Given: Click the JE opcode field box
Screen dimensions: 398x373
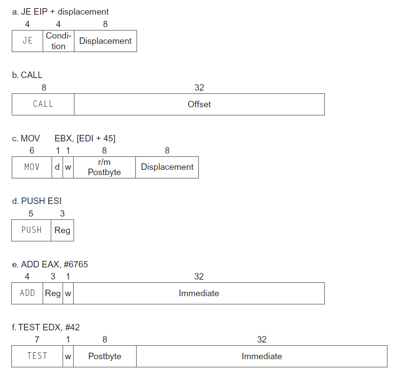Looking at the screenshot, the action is [27, 41].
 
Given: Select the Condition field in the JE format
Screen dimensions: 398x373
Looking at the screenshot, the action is [59, 41].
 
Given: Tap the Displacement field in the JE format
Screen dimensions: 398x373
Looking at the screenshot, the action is [105, 41].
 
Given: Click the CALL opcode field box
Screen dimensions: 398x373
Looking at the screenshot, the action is [43, 104].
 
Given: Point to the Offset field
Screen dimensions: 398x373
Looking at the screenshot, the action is [199, 104].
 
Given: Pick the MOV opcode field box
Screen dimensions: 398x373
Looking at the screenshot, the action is [32, 167].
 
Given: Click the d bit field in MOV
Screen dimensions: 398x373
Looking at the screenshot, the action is [57, 167].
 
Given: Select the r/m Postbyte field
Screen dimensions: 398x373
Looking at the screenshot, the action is [104, 167].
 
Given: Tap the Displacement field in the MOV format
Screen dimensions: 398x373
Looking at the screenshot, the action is [167, 167].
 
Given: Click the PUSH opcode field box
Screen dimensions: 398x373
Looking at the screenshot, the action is [31, 230].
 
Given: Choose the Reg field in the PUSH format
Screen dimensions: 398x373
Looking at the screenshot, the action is [63, 230].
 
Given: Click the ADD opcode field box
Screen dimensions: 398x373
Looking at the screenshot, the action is [27, 293].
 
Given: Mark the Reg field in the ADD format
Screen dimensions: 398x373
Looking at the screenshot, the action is [53, 293].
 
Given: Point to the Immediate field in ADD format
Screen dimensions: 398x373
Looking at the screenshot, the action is [199, 293].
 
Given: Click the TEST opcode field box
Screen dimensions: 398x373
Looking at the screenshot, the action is [37, 356].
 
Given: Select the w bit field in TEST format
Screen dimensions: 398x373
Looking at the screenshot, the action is [68, 356].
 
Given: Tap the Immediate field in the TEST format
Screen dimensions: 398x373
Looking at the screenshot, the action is [262, 356].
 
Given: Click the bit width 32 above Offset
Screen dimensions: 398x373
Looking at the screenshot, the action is [199, 87].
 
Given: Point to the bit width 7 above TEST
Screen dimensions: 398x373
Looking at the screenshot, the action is [37, 340].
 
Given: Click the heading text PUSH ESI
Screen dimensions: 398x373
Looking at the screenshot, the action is [41, 201].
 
